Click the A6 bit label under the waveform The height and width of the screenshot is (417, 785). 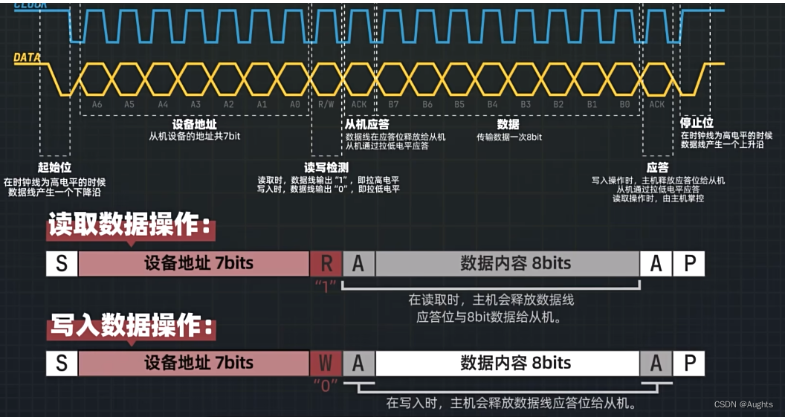[97, 105]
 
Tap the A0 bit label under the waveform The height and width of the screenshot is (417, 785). [294, 105]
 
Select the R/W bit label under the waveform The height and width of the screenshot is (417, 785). [326, 105]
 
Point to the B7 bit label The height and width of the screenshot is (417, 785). [393, 105]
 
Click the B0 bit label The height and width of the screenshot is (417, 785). [624, 105]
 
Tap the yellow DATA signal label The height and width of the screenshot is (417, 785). [27, 57]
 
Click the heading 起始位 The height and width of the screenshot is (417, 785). [54, 167]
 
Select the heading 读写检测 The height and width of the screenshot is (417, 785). [326, 167]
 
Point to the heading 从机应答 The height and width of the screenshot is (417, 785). [367, 124]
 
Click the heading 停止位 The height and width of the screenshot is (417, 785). [697, 123]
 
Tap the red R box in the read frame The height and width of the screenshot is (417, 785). [326, 263]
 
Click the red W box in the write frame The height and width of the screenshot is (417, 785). [326, 363]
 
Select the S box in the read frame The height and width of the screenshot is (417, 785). [62, 263]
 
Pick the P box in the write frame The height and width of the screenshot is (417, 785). [689, 363]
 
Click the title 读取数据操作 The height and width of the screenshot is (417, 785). [131, 226]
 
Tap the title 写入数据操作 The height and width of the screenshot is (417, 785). [131, 326]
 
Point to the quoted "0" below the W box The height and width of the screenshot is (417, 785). [326, 385]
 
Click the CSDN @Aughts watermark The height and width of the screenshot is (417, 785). [743, 404]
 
